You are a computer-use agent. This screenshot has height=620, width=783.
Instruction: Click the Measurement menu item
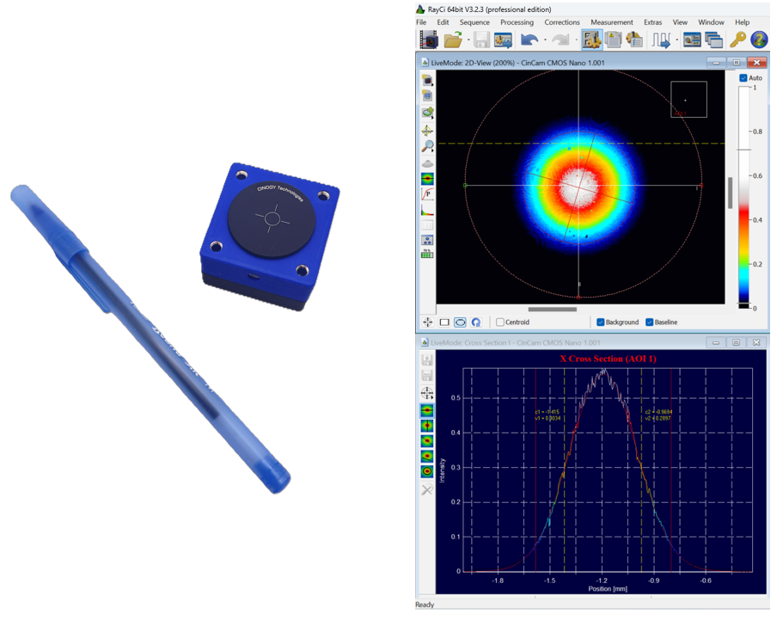611,22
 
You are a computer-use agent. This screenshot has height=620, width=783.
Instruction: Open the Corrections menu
562,22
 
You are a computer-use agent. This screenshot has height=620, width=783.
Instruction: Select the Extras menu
652,22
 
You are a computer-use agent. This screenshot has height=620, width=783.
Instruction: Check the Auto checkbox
743,78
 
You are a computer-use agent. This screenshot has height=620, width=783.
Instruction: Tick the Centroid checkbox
500,322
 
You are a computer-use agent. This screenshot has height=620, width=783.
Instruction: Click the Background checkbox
601,322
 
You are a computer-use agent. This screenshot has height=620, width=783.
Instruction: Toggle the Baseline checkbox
650,322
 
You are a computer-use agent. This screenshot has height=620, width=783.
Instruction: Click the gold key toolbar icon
737,40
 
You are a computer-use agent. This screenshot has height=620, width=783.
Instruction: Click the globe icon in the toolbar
759,40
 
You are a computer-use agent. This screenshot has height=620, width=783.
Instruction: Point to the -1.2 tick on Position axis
603,580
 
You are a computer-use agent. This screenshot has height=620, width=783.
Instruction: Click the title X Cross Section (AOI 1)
608,359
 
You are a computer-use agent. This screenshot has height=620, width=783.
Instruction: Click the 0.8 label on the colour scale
757,132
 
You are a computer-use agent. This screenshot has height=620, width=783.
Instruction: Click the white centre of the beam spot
578,183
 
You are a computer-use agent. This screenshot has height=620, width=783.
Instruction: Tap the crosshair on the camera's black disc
272,219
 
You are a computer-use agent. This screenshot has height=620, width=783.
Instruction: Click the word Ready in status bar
425,605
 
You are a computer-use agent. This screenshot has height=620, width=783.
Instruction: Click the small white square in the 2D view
688,99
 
